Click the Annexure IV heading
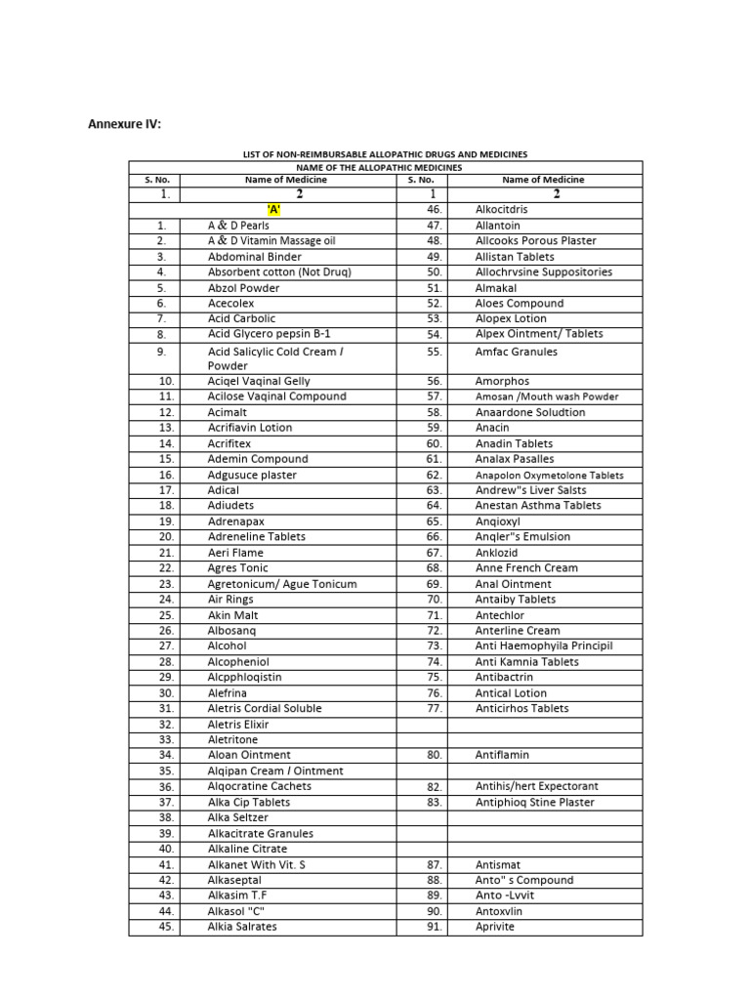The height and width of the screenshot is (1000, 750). pos(125,123)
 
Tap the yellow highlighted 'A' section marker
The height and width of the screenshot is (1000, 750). pos(273,209)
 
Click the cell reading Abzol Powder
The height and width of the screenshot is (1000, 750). pos(243,288)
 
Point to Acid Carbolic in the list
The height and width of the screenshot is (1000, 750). pos(241,318)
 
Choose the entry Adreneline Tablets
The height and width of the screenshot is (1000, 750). pos(256,536)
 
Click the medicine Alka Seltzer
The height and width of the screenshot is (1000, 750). pos(237,817)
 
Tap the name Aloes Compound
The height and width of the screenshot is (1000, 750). pos(520,304)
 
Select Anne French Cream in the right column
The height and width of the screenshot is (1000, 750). pos(526,567)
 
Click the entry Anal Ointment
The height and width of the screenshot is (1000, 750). pos(513,584)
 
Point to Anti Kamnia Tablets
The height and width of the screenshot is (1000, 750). pos(526,661)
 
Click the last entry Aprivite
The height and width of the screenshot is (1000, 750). pos(496,926)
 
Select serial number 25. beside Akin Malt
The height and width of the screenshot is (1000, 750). pos(166,615)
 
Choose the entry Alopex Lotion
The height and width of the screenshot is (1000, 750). pos(511,318)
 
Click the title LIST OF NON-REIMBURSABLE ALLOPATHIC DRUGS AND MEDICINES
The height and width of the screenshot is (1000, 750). pos(385,154)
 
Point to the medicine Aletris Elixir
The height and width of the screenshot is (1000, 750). pos(238,725)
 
